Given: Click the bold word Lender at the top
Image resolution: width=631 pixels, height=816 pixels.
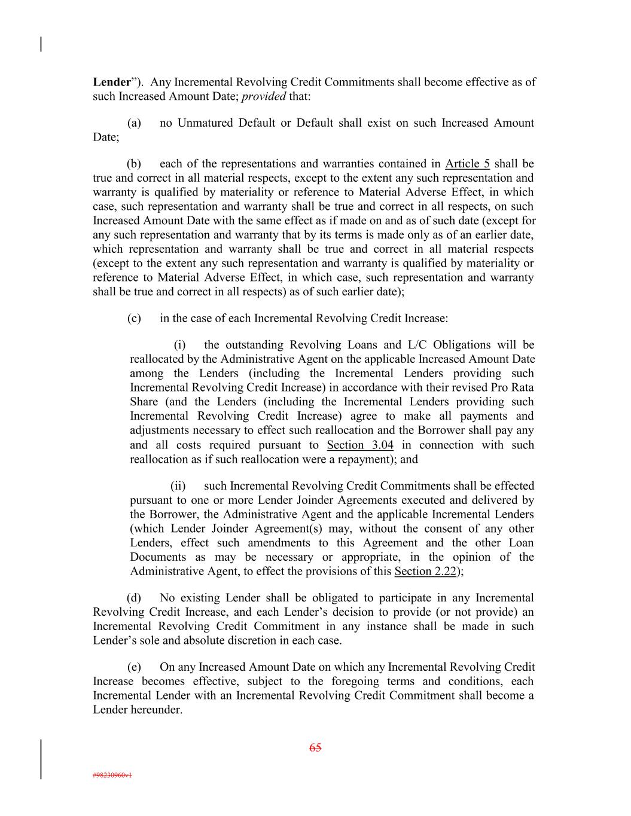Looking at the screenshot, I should click(x=111, y=82).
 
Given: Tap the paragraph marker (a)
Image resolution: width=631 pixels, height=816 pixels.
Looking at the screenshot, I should click(x=134, y=123).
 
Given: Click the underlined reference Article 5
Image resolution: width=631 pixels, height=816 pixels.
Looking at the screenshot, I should click(x=467, y=164).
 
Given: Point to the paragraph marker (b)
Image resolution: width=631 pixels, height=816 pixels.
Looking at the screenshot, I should click(x=134, y=164).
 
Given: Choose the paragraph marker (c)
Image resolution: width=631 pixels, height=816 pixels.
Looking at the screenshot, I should click(x=134, y=318).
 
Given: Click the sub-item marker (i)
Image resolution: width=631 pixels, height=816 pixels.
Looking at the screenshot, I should click(x=180, y=345).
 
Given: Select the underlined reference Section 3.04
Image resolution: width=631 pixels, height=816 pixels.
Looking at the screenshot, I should click(x=360, y=445).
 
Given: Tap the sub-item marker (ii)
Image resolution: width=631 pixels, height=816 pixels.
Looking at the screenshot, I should click(x=178, y=486).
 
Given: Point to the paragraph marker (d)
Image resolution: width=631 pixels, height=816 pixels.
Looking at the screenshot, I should click(x=134, y=598).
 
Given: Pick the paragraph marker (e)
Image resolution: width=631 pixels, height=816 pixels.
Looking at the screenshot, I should click(x=134, y=667).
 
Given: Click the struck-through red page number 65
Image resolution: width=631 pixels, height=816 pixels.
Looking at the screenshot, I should click(x=315, y=747).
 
